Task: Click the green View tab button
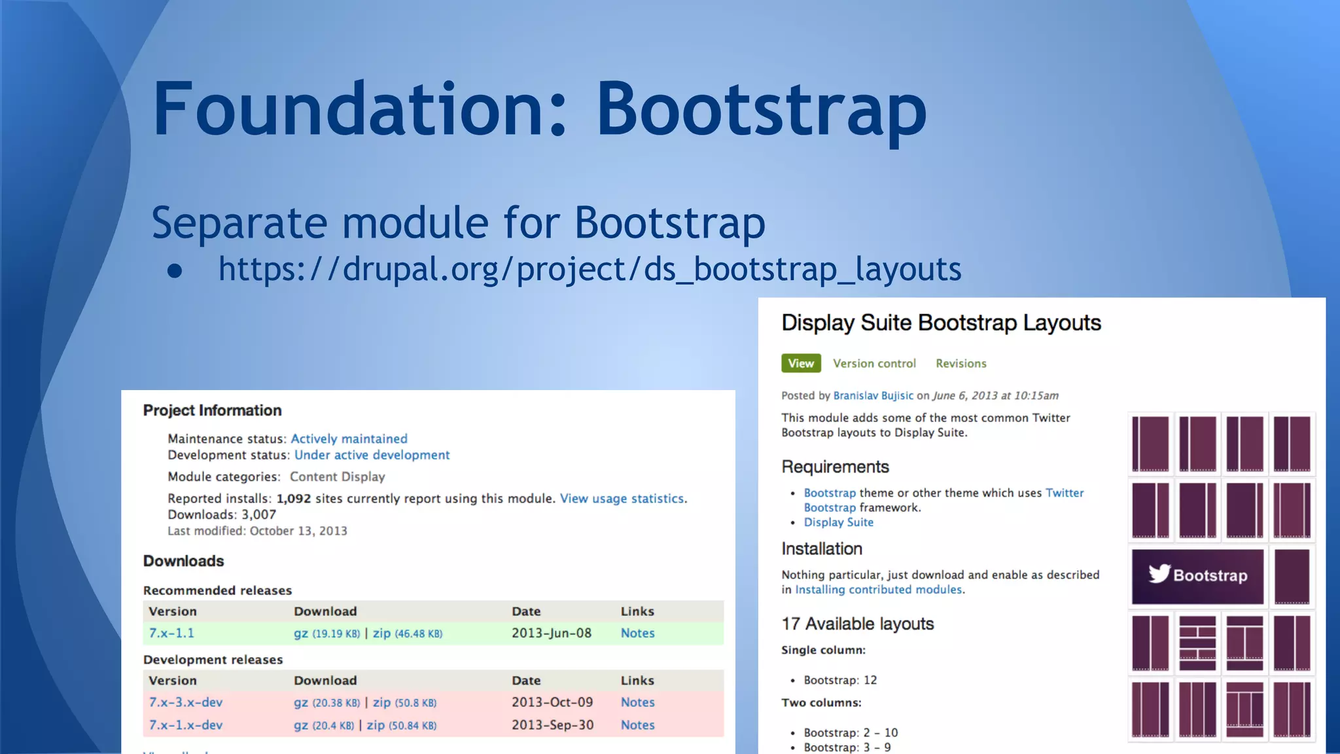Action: [801, 363]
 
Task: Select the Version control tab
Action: [874, 363]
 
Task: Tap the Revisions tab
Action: [961, 363]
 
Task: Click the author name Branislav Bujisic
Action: [873, 395]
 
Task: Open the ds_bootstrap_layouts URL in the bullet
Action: [590, 269]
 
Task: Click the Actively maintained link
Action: [349, 439]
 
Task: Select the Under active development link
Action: [372, 455]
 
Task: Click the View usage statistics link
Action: [623, 499]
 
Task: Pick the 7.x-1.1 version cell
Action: [171, 633]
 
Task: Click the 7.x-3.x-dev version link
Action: [186, 702]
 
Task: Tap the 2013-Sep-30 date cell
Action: [552, 725]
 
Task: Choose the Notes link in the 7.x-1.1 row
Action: [637, 633]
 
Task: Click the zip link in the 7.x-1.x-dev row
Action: [376, 725]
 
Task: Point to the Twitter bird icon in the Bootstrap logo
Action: [1159, 573]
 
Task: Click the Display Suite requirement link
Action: [838, 522]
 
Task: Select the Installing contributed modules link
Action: [878, 590]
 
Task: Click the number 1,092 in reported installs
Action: [294, 499]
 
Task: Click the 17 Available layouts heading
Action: [857, 624]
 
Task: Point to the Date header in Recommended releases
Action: [526, 611]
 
